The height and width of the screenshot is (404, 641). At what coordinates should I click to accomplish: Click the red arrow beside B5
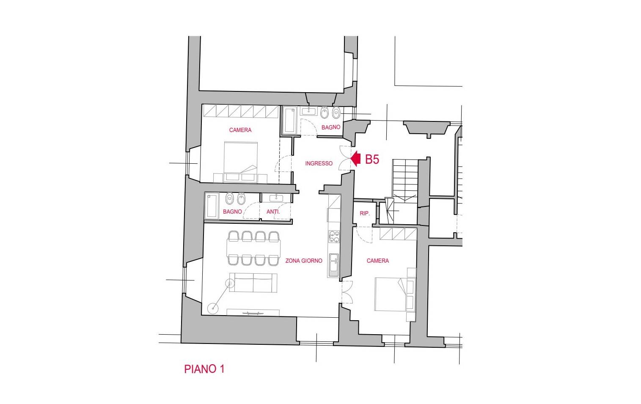(x=355, y=159)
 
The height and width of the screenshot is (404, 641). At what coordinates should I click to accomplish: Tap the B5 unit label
(x=372, y=159)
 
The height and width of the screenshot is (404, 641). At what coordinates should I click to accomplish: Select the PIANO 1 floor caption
(x=204, y=369)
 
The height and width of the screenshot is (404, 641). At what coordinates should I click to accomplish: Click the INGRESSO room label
(x=319, y=163)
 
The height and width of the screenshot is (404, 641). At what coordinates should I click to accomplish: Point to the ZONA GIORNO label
(x=303, y=261)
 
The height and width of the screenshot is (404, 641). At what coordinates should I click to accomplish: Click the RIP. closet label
(x=364, y=213)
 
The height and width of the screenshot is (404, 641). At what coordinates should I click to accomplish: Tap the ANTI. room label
(x=273, y=212)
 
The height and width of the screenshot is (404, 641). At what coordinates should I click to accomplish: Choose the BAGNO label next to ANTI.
(x=232, y=212)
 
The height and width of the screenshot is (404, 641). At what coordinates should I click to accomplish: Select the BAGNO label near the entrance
(x=330, y=127)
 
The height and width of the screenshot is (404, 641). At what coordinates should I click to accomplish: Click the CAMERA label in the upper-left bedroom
(x=240, y=130)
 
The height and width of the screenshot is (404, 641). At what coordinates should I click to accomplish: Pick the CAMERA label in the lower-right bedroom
(x=377, y=261)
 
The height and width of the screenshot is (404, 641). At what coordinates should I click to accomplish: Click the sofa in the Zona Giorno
(x=253, y=283)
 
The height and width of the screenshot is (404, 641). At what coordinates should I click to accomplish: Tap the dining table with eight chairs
(x=253, y=248)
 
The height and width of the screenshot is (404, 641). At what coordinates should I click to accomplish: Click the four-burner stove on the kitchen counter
(x=334, y=236)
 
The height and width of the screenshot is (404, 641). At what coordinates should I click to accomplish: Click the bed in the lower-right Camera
(x=390, y=294)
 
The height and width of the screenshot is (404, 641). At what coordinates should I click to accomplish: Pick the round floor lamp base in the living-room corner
(x=213, y=308)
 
